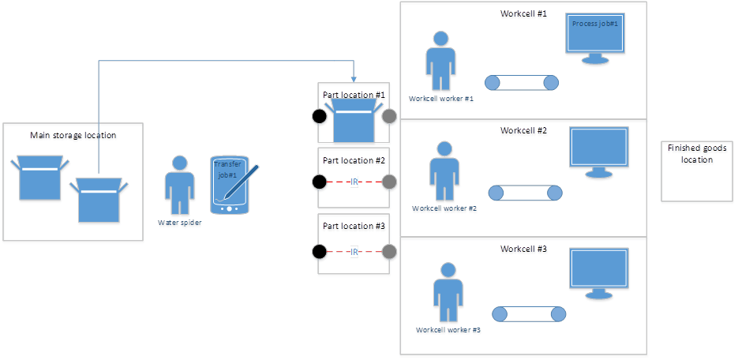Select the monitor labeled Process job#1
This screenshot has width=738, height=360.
(595, 38)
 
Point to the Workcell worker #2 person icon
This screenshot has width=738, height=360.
(444, 173)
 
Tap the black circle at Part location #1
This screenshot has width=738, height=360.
(319, 117)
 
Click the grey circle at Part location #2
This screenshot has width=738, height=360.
(389, 182)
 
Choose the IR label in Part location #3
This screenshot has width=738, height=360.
(354, 253)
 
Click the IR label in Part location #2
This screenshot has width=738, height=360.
(354, 182)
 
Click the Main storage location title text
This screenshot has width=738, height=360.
(73, 136)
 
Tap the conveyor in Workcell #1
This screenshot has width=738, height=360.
(522, 83)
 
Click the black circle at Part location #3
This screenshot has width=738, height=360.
(319, 253)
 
